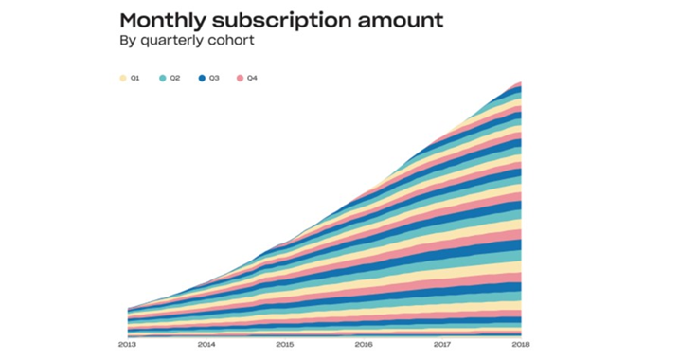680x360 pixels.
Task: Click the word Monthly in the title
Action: pos(163,21)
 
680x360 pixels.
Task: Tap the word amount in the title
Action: pos(401,21)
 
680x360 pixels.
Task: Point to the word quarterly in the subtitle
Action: pos(172,41)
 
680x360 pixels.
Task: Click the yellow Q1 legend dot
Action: pos(123,78)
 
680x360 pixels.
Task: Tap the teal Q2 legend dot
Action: pos(163,78)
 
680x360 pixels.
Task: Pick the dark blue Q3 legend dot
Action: pos(202,78)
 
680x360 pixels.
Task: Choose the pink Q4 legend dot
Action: pos(240,78)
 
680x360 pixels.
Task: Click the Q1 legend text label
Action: pos(134,78)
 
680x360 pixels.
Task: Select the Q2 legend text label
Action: pos(175,78)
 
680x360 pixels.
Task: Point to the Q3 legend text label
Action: pos(214,78)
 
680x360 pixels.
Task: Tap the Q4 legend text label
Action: pos(252,78)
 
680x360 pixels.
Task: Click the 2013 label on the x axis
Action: pos(127,345)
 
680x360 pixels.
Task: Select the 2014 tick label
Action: pos(206,345)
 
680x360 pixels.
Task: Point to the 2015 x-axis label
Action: pos(285,345)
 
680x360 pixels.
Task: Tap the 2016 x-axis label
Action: pos(364,345)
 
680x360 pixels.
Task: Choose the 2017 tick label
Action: pos(442,345)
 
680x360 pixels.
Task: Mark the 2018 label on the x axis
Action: pos(521,345)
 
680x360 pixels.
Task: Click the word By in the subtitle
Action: pos(128,41)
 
